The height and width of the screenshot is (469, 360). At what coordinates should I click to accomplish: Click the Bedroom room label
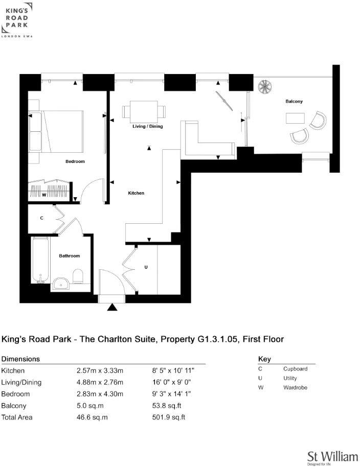click(x=75, y=161)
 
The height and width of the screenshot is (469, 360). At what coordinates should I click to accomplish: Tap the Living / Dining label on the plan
click(x=147, y=126)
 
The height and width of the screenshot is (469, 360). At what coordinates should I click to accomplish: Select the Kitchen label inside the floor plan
click(x=136, y=193)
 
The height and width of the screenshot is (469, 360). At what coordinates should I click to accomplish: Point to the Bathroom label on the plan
click(x=70, y=255)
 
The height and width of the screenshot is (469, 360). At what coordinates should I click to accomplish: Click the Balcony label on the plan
click(x=294, y=101)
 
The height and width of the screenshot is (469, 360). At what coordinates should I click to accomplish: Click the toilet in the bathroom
click(x=78, y=276)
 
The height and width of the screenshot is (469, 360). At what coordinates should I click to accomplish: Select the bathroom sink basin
click(x=61, y=283)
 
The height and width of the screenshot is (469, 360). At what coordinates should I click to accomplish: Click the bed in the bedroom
click(x=56, y=131)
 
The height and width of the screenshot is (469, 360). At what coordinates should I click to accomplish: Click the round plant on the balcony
click(x=266, y=87)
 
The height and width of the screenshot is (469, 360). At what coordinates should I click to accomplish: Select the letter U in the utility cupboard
click(x=146, y=267)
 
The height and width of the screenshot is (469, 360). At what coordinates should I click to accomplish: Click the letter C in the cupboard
click(x=41, y=218)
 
